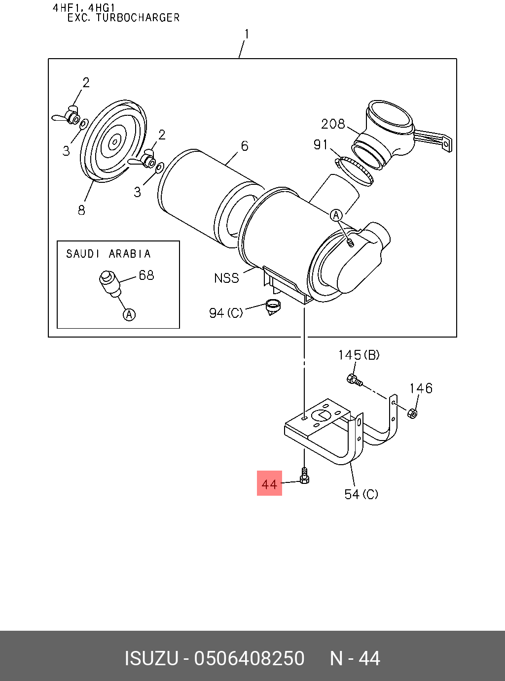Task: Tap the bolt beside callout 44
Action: (304, 477)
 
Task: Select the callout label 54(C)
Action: (361, 494)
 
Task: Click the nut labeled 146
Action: (413, 413)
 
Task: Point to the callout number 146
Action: (421, 388)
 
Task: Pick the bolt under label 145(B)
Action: (354, 380)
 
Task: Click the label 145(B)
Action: (359, 355)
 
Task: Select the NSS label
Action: (226, 278)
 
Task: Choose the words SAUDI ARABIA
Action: (108, 254)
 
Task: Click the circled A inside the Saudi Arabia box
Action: (129, 314)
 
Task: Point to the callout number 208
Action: (333, 124)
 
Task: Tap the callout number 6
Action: (245, 146)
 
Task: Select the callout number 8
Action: (81, 210)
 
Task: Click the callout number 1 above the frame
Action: (247, 34)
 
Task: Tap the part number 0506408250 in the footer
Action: (249, 659)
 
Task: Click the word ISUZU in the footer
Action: (151, 659)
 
